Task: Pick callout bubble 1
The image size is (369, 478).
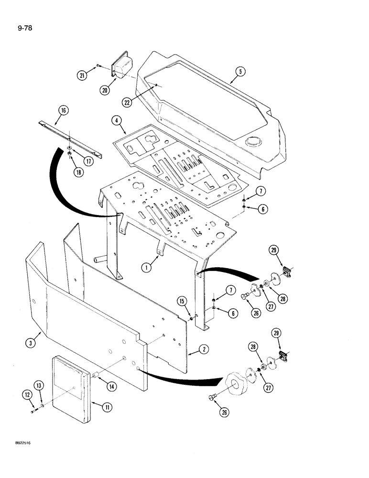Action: click(149, 268)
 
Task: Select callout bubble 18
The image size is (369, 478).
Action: click(77, 170)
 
